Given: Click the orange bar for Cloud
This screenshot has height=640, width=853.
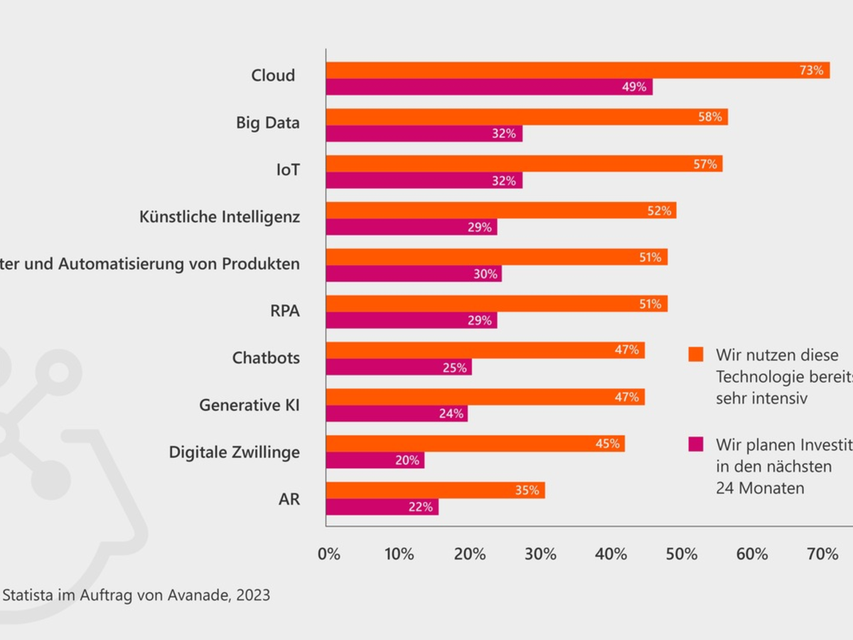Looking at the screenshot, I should pyautogui.click(x=577, y=70).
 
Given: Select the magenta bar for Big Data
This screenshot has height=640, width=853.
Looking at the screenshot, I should pyautogui.click(x=424, y=134).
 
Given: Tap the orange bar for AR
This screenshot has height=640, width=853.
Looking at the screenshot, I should pyautogui.click(x=435, y=490).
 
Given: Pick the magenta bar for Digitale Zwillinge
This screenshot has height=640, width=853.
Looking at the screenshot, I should pyautogui.click(x=375, y=460).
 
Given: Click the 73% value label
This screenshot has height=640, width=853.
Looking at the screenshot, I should pyautogui.click(x=810, y=70).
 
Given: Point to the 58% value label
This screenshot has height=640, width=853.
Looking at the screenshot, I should pyautogui.click(x=709, y=117).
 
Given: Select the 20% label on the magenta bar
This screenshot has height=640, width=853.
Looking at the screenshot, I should pyautogui.click(x=407, y=460).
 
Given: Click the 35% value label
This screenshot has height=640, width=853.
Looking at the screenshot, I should pyautogui.click(x=527, y=490).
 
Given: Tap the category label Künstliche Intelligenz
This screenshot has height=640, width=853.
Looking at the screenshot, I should pyautogui.click(x=220, y=217).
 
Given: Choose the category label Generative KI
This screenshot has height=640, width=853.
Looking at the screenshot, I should pyautogui.click(x=250, y=405).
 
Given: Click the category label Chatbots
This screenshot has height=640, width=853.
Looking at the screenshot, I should pyautogui.click(x=266, y=358).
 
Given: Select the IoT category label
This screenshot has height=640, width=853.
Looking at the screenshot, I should pyautogui.click(x=288, y=170).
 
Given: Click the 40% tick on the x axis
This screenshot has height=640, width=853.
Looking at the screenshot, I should pyautogui.click(x=611, y=554).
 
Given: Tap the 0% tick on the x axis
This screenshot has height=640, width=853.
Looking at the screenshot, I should pyautogui.click(x=329, y=554).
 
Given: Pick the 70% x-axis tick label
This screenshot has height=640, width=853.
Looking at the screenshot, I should pyautogui.click(x=822, y=554).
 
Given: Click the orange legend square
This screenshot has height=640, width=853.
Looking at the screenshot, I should pyautogui.click(x=696, y=354).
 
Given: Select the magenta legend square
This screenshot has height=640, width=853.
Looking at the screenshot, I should pyautogui.click(x=696, y=444).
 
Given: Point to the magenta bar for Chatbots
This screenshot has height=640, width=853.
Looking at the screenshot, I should pyautogui.click(x=398, y=368).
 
